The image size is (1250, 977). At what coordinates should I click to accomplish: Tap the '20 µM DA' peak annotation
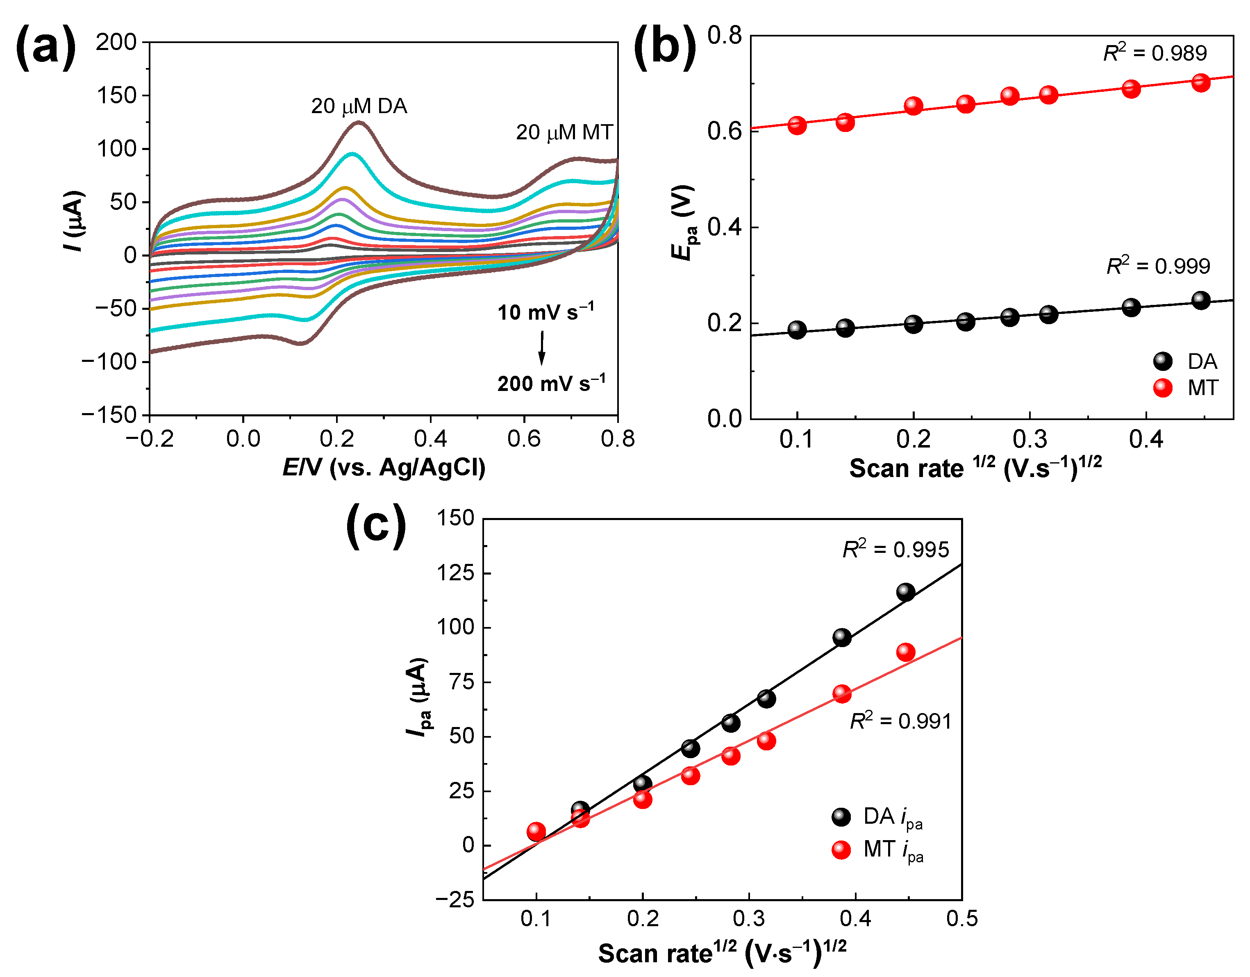pyautogui.click(x=359, y=107)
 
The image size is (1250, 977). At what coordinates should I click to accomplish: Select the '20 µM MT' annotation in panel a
pyautogui.click(x=564, y=133)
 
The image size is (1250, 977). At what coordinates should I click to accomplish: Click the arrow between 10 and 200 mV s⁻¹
pyautogui.click(x=541, y=348)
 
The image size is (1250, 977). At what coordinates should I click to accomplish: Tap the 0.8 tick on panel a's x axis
pyautogui.click(x=618, y=439)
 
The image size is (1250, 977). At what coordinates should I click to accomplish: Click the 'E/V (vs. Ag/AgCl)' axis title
pyautogui.click(x=384, y=468)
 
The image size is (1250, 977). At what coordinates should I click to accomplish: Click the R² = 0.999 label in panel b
pyautogui.click(x=1158, y=266)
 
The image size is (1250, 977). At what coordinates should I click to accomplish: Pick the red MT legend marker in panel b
pyautogui.click(x=1162, y=388)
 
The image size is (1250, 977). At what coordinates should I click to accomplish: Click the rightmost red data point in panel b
pyautogui.click(x=1201, y=82)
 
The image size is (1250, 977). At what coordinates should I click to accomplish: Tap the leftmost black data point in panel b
pyautogui.click(x=797, y=329)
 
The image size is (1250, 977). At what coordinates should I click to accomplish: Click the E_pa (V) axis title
pyautogui.click(x=684, y=223)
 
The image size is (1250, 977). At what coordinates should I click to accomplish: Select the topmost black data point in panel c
pyautogui.click(x=905, y=592)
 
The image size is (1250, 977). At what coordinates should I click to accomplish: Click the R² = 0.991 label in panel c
pyautogui.click(x=900, y=721)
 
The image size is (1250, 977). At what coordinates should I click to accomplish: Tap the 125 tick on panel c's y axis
pyautogui.click(x=456, y=573)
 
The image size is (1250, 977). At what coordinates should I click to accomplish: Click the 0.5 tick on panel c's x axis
pyautogui.click(x=961, y=919)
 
